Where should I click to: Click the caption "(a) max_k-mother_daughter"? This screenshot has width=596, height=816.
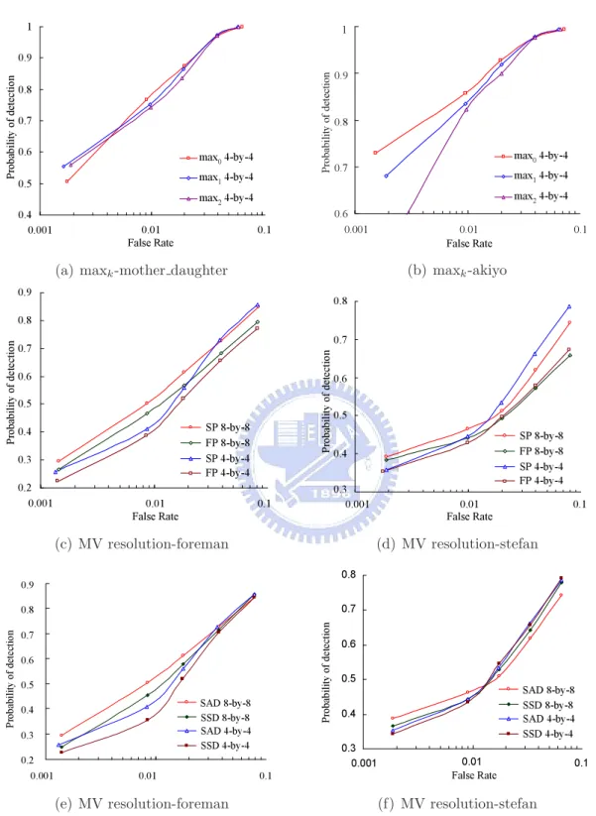click(142, 271)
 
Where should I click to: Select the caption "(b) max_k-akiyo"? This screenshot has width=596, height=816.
click(457, 271)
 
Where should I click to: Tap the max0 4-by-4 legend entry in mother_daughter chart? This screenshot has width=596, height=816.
click(216, 158)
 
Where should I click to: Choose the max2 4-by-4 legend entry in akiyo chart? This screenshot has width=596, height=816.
click(531, 196)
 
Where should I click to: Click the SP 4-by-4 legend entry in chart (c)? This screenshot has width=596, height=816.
click(215, 458)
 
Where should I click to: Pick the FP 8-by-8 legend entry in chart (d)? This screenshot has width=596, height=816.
click(529, 451)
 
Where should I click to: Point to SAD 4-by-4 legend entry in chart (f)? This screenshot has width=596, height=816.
click(536, 719)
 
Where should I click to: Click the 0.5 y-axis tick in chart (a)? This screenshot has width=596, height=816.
click(25, 183)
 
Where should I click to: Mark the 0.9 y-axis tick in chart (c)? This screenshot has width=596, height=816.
click(25, 291)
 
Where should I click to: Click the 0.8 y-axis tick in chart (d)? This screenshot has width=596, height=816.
click(341, 300)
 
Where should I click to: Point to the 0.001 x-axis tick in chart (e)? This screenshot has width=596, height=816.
click(41, 776)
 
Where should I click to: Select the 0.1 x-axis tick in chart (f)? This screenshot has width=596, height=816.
click(581, 762)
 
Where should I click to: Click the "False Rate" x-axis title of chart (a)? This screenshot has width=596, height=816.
click(151, 243)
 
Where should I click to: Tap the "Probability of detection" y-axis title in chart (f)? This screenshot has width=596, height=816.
click(326, 672)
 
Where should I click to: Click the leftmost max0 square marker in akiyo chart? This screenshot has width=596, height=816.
click(375, 153)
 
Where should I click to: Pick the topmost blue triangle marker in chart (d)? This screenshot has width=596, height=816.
click(569, 306)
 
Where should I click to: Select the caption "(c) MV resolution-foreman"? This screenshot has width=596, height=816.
click(142, 543)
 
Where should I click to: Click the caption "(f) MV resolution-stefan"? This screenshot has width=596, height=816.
click(457, 803)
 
